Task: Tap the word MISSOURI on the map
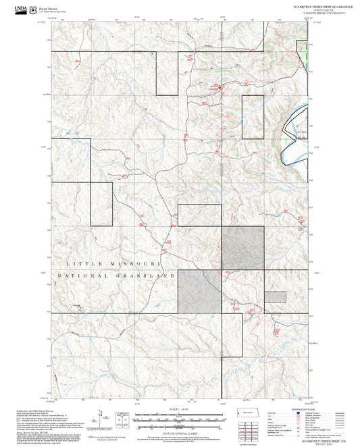point(136,263)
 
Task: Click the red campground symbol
point(219,86)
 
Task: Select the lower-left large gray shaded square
point(199,291)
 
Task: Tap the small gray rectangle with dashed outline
point(275,295)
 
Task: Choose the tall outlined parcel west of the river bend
point(252,115)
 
